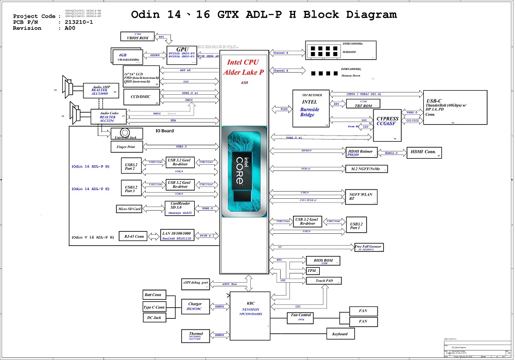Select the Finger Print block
[126, 147]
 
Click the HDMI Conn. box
[424, 152]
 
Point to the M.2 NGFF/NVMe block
[366, 169]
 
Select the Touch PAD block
[323, 281]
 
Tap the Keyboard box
[340, 334]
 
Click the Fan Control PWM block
[301, 317]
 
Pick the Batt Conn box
[153, 295]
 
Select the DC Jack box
[153, 318]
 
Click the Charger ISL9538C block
[195, 307]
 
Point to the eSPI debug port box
[195, 283]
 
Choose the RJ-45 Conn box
[133, 237]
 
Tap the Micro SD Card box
[129, 209]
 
